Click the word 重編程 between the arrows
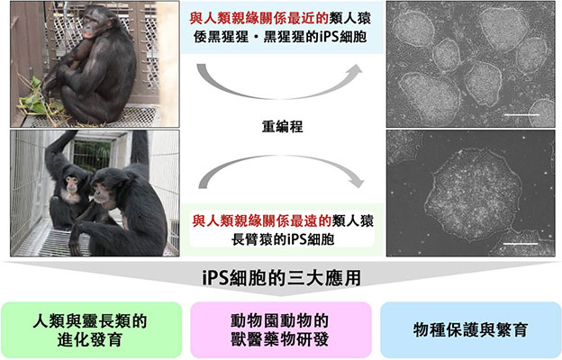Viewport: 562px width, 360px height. [x=281, y=128]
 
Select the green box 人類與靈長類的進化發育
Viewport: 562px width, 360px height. [x=89, y=327]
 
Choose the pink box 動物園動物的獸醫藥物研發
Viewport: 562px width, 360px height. [x=280, y=327]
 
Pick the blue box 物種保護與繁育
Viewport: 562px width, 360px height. [x=471, y=327]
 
